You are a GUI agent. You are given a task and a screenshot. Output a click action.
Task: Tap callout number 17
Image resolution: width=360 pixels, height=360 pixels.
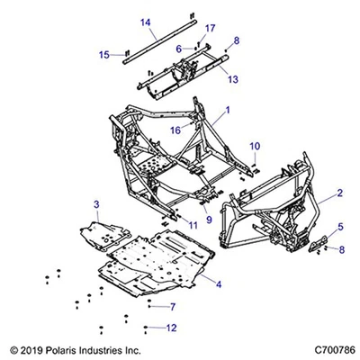(x=210, y=29)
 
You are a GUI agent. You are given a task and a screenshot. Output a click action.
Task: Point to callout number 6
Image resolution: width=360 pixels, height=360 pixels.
(x=179, y=49)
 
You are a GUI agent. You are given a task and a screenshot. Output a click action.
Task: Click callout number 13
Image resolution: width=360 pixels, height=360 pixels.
(x=233, y=79)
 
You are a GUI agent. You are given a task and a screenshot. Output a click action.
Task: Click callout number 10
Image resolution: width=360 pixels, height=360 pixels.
(x=255, y=146)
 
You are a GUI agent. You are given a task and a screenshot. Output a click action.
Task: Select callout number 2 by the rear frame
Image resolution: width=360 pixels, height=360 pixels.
(x=339, y=193)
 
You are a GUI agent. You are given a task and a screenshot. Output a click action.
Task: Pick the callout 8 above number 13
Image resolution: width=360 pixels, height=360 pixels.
(x=237, y=40)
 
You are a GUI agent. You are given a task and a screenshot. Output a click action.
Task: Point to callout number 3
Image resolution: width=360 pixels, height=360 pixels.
(x=97, y=204)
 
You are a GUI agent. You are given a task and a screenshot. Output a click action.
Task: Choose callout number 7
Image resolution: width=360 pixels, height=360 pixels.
(x=171, y=307)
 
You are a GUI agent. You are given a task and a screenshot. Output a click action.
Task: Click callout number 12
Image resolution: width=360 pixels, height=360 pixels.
(x=172, y=327)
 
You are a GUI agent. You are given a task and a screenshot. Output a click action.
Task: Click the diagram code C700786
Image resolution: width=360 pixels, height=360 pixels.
(x=326, y=349)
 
